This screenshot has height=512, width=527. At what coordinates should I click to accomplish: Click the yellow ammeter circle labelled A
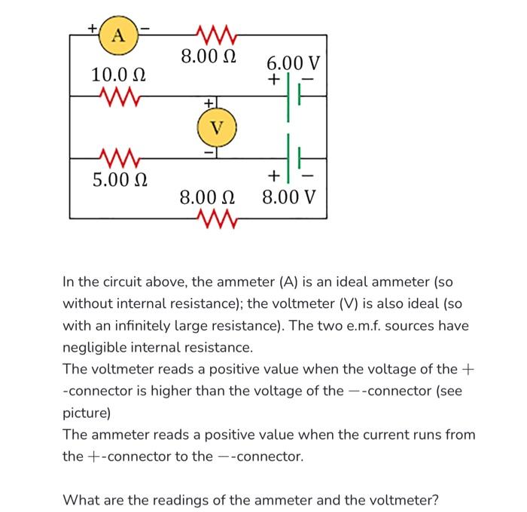(x=117, y=35)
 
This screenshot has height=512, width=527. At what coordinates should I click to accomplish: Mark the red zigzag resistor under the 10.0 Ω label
(x=117, y=96)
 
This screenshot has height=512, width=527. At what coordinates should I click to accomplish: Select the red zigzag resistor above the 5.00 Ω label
(x=119, y=157)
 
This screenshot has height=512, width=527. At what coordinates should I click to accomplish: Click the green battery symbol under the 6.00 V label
(x=294, y=97)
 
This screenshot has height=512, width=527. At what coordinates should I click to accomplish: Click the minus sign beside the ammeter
(x=146, y=29)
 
